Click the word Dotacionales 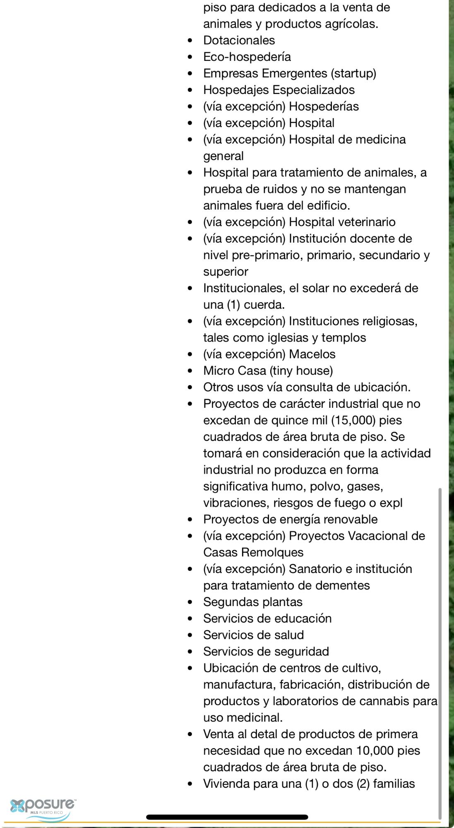[239, 40]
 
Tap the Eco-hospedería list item [247, 57]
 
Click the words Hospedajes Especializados [279, 90]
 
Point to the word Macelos [312, 354]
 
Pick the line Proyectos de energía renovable [290, 519]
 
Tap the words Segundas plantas [252, 602]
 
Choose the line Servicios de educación [267, 619]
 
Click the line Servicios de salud [253, 635]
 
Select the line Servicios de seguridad [266, 652]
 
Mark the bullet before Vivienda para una [190, 784]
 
